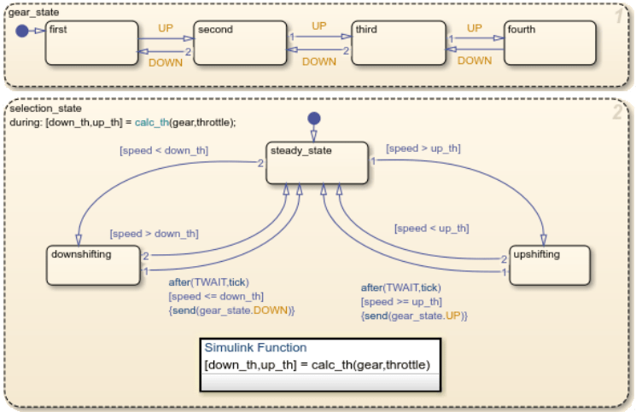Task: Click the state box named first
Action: pos(91,43)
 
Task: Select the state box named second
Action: pos(239,43)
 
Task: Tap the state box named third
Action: pos(399,43)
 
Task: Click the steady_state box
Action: pos(316,162)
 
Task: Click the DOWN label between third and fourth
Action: pos(475,61)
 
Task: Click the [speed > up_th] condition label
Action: pos(423,148)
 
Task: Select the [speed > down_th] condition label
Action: pos(154,234)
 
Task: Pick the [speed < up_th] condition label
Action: pos(431,229)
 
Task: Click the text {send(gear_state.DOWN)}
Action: pos(231,310)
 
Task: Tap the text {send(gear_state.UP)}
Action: pos(415,315)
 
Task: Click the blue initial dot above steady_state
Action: pos(314,118)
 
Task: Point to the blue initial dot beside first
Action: pos(21,32)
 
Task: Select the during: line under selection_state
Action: pos(121,122)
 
